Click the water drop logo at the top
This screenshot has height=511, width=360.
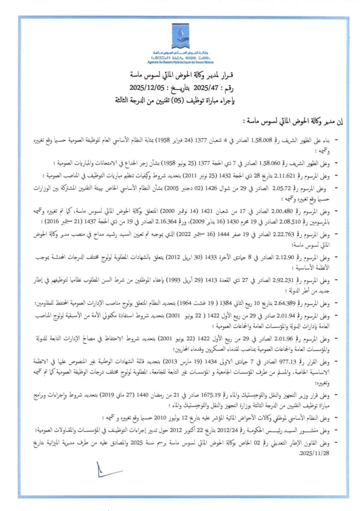(x=180, y=35)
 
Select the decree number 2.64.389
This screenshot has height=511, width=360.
(x=276, y=303)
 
